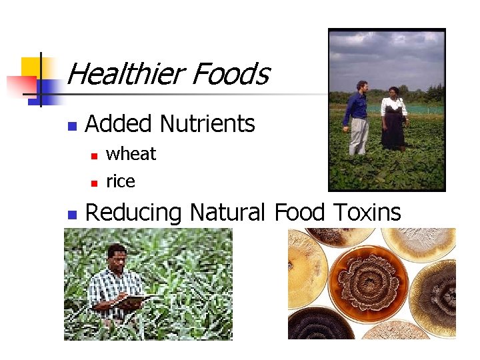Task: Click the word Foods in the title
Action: click(x=230, y=74)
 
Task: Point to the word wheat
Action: click(x=131, y=154)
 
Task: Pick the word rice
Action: click(x=121, y=181)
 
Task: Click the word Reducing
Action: click(x=133, y=213)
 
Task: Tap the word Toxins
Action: click(x=366, y=213)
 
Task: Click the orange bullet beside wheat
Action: click(x=94, y=155)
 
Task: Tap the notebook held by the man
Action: click(x=136, y=301)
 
